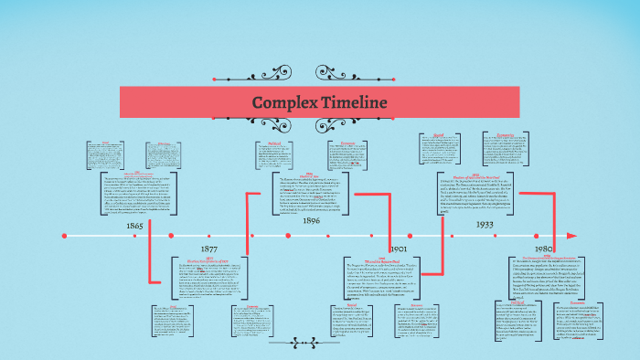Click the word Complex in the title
point(284,102)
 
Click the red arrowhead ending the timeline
point(571,236)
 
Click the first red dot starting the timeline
point(64,236)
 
